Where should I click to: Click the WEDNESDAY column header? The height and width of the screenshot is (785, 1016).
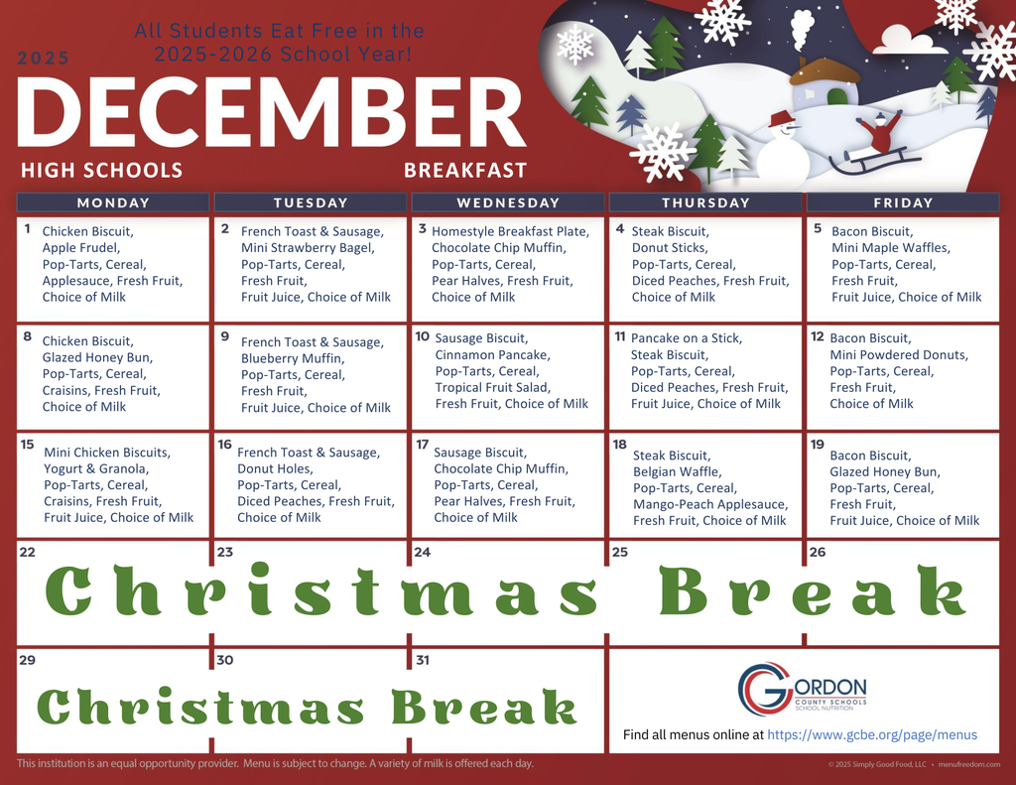point(508,202)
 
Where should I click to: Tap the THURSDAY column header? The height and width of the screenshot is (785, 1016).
point(705,202)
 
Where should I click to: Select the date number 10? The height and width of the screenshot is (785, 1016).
point(422,336)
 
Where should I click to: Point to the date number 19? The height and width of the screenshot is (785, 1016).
point(818,444)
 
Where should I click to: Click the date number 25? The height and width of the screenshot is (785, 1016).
point(620,552)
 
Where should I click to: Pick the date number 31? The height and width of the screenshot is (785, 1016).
point(423,659)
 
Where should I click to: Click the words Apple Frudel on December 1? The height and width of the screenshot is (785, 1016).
point(80,248)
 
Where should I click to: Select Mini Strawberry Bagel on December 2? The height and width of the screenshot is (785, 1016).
point(308,248)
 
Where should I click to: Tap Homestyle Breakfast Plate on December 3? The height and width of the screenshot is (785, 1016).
point(510,231)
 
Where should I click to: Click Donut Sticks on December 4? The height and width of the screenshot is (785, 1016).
point(670,248)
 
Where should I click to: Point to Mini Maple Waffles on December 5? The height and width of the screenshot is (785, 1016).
point(890,248)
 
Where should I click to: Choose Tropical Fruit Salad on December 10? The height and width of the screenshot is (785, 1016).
point(492,387)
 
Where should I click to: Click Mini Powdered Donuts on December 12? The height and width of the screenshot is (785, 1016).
point(899,354)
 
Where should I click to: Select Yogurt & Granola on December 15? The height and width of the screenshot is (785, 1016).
point(95,468)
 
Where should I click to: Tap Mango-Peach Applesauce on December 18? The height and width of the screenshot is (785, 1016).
point(710,504)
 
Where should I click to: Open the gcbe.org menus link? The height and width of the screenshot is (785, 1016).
point(872,735)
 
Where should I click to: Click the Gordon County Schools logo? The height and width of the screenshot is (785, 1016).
point(802,689)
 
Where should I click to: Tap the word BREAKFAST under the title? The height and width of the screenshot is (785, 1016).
point(464,170)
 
